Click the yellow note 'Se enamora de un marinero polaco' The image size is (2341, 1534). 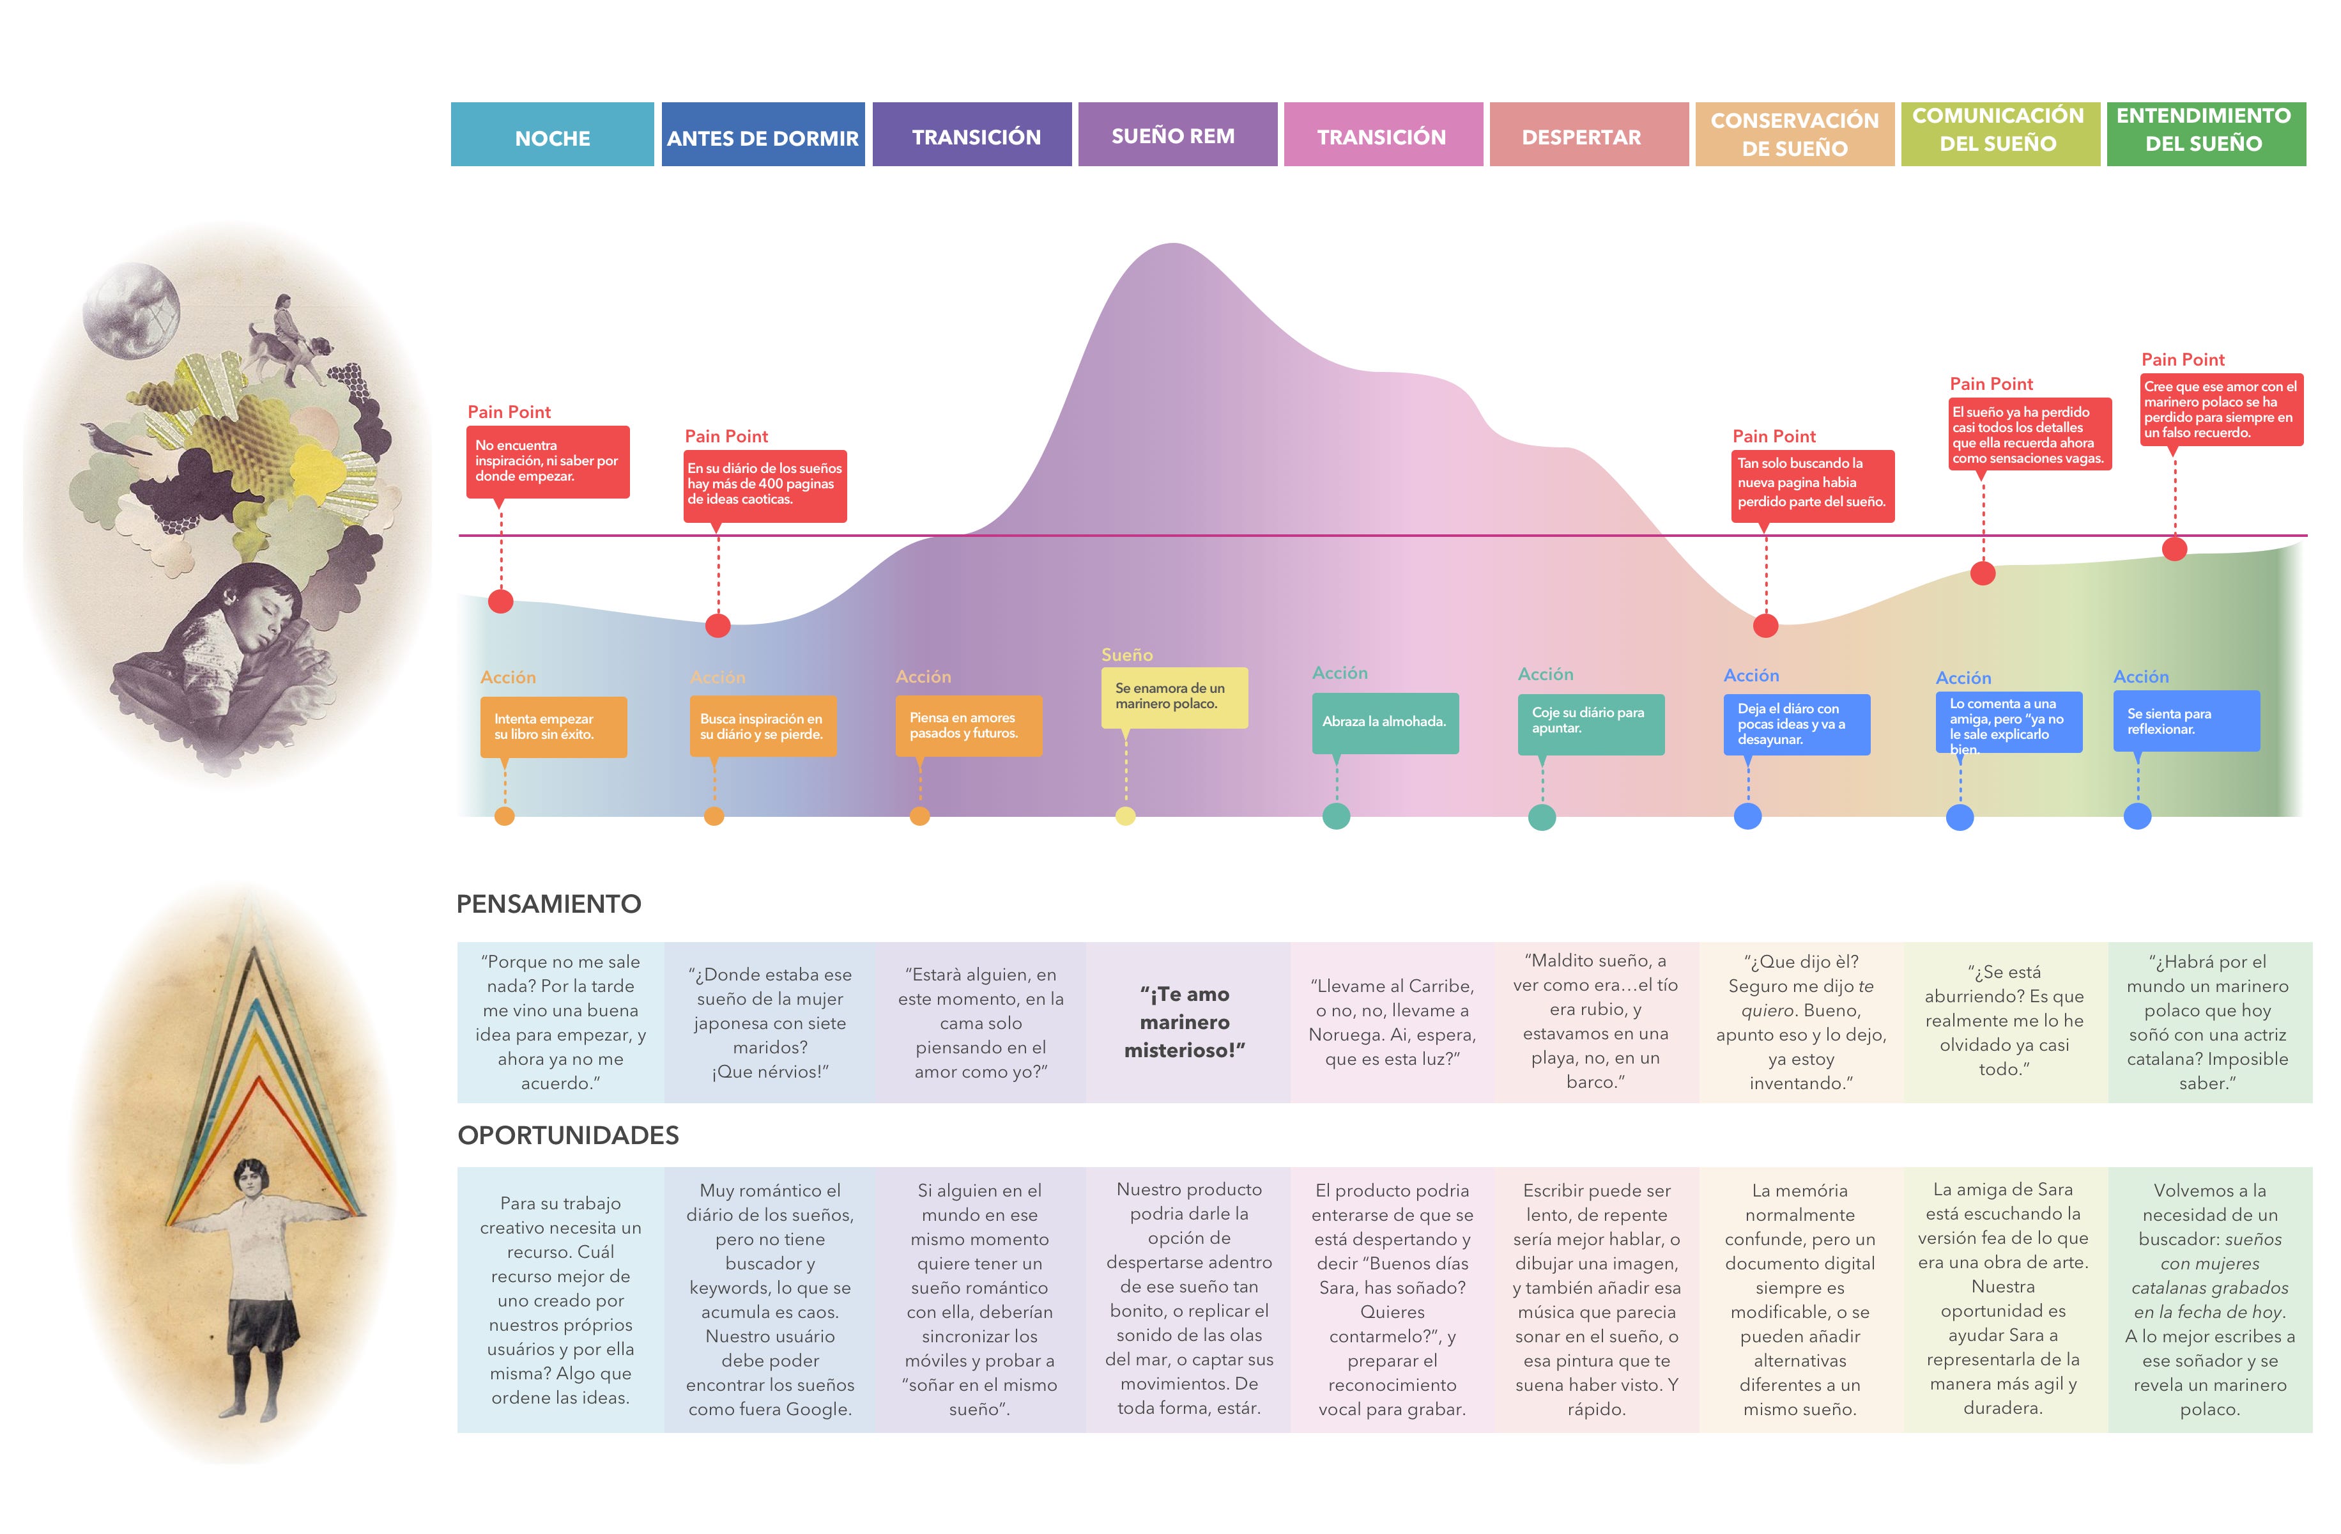(x=1174, y=697)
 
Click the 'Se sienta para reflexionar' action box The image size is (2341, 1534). (x=2186, y=721)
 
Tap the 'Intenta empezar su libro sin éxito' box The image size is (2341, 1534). (x=553, y=727)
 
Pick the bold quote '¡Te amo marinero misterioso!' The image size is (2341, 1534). (x=1185, y=1022)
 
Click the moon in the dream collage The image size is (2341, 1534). (x=131, y=310)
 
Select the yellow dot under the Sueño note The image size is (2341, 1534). (x=1125, y=816)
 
